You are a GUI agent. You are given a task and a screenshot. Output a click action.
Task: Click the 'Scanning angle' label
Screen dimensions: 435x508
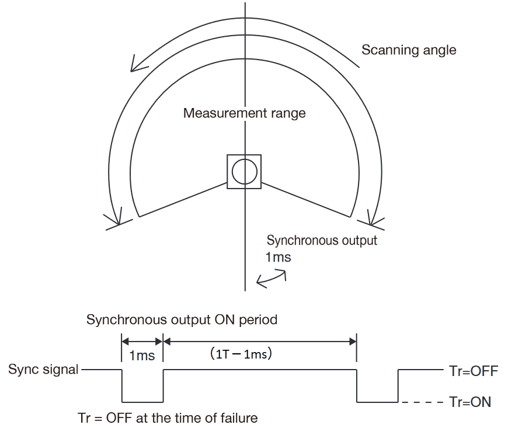click(409, 50)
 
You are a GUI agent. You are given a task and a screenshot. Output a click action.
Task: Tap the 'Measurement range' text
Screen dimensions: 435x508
click(244, 113)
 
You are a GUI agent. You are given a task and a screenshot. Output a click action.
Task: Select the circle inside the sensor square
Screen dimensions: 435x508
click(244, 172)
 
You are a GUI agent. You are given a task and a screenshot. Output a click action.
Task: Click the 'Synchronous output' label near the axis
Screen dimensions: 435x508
click(322, 240)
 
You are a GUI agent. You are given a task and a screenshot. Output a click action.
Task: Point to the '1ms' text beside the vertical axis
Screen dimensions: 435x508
click(278, 257)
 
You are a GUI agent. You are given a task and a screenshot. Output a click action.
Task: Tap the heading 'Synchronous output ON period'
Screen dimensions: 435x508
click(182, 320)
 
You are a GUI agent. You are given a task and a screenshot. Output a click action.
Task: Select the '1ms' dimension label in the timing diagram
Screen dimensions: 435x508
click(141, 354)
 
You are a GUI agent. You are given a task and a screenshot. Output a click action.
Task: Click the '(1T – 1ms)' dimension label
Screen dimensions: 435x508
click(241, 354)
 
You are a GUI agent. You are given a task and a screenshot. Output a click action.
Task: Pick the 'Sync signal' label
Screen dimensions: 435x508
click(43, 370)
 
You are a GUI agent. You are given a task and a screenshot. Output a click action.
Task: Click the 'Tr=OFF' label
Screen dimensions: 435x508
click(474, 370)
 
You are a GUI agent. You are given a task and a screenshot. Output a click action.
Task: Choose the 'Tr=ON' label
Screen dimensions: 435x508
click(470, 402)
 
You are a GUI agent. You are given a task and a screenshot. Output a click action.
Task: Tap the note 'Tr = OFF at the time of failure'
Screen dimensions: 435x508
click(168, 418)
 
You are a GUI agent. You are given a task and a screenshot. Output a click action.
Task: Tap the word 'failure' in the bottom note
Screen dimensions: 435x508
click(238, 418)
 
